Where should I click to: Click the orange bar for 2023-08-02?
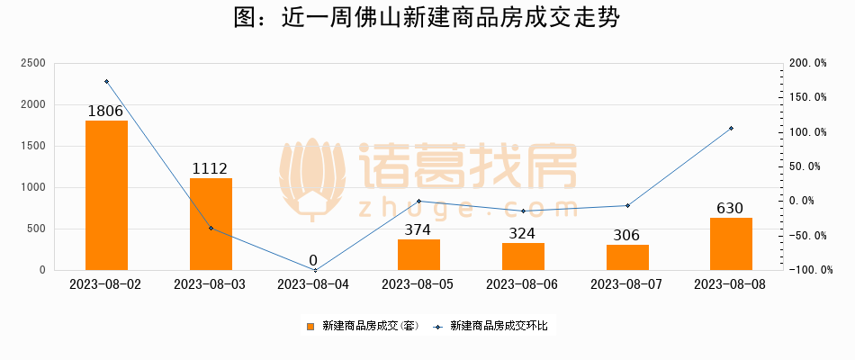(x=106, y=194)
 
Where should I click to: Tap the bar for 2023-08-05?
(x=418, y=254)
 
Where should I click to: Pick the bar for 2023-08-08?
(x=731, y=243)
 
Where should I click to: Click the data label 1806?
(x=106, y=112)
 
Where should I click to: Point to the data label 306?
(x=626, y=236)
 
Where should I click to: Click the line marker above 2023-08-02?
(x=106, y=82)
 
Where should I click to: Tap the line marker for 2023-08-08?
(x=731, y=129)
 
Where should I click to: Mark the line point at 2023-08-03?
(x=211, y=228)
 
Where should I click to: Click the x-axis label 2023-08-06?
(x=522, y=284)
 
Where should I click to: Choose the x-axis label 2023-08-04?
(x=314, y=284)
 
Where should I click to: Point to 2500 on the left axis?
(x=33, y=63)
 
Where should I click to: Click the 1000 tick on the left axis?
(x=33, y=187)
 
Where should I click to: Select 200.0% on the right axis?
(x=806, y=63)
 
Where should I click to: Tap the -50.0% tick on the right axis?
(x=806, y=236)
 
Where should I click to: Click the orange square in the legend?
(x=310, y=326)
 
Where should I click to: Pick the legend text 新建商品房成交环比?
(x=498, y=326)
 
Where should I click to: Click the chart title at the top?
(x=427, y=19)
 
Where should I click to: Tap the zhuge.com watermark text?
(x=468, y=208)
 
